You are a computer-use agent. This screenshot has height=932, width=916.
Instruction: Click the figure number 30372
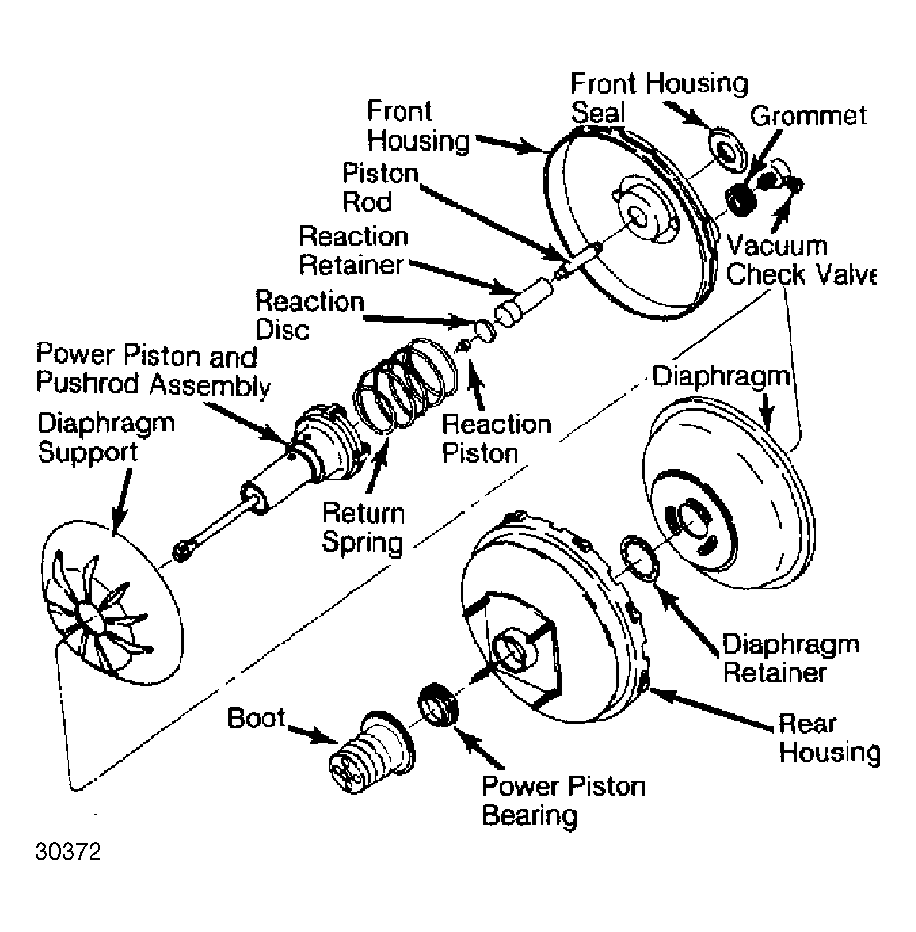(69, 851)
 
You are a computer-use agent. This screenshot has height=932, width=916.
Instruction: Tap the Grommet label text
(808, 116)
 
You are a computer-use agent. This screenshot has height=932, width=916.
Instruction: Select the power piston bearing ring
(439, 705)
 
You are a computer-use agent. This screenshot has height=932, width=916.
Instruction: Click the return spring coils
(405, 383)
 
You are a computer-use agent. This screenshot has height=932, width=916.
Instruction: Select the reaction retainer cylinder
(524, 302)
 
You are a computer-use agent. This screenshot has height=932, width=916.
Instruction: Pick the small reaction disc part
(485, 330)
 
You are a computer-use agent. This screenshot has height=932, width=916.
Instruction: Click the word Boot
(257, 718)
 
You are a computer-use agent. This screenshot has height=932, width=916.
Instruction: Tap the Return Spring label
(364, 528)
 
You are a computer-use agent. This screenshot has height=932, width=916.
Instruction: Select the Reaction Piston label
(497, 439)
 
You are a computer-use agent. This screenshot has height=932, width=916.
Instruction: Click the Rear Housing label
(829, 738)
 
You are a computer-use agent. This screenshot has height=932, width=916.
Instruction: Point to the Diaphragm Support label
(106, 437)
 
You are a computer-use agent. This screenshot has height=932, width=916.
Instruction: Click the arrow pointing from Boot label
(312, 733)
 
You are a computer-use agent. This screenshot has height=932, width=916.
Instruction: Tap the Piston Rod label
(380, 188)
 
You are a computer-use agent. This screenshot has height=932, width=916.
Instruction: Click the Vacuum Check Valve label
(801, 260)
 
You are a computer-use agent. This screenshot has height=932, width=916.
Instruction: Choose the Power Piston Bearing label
(564, 801)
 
